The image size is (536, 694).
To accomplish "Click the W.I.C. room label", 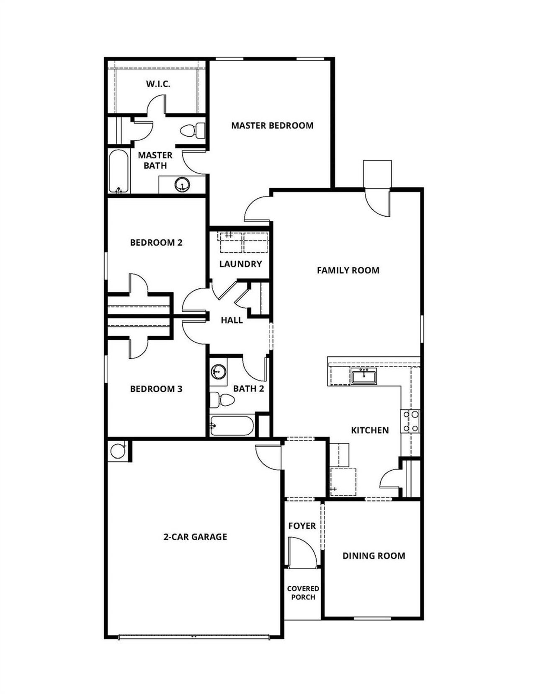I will pos(158,84).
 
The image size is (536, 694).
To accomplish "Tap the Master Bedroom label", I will pos(272,125).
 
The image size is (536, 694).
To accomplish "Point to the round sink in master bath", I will pos(182,184).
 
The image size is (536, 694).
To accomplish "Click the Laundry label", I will pos(240,264).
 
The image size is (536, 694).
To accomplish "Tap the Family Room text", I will pos(348,270).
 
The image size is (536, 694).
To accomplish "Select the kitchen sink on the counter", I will pos(364,376).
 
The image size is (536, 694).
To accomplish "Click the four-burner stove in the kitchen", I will pos(410,421).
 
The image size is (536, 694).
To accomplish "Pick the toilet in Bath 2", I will pos(222,400).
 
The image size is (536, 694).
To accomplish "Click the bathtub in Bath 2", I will pos(232,426).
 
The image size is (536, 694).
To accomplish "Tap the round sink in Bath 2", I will pos(218,371).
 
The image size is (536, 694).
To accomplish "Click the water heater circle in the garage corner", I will pos(117,451).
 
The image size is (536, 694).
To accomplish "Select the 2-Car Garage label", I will pos(195,537).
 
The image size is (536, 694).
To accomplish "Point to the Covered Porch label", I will pos(303,593).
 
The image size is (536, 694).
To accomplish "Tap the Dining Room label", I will pos(374,556).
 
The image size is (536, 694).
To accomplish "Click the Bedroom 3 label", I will pos(156,389).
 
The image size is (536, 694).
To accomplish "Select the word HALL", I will pos(232,320).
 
